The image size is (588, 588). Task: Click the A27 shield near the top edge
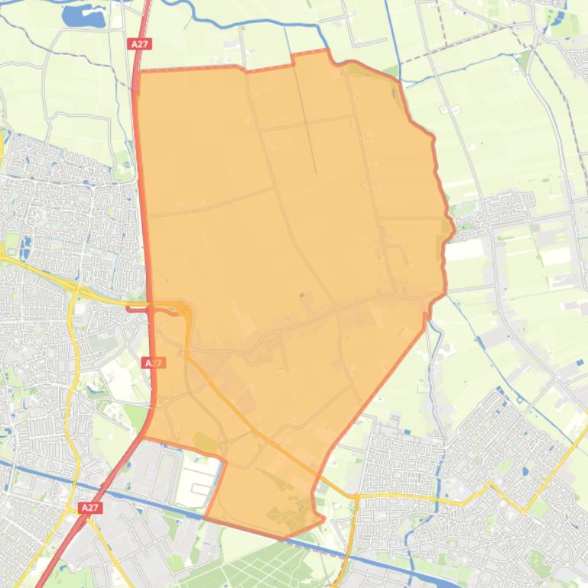(x=139, y=44)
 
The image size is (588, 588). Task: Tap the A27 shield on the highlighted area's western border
(x=154, y=363)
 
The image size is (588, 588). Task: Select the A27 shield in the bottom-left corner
(x=89, y=507)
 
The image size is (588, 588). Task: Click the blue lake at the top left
(x=83, y=15)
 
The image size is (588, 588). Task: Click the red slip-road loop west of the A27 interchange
(x=138, y=309)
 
